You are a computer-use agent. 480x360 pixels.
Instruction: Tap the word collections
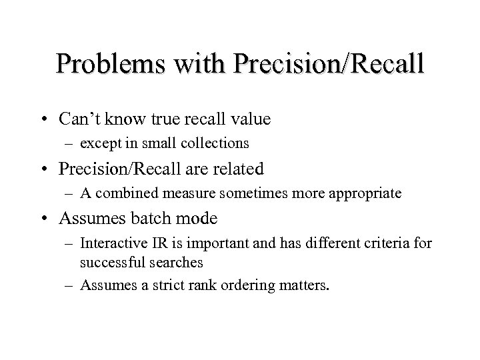click(x=215, y=143)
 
